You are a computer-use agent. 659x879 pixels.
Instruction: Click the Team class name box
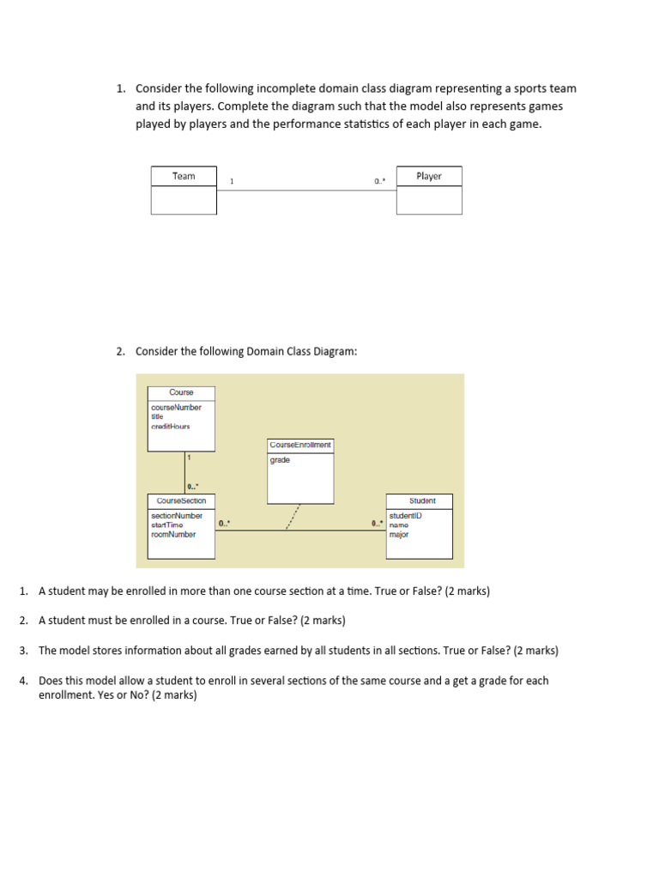[x=184, y=176]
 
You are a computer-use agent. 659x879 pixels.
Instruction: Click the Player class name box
[x=428, y=176]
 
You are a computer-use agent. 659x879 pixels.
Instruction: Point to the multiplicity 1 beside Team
[x=232, y=181]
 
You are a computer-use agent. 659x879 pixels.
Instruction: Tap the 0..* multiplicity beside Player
[x=380, y=181]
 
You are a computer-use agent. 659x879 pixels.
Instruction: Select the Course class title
[x=181, y=392]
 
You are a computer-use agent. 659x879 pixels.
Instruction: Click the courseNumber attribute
[x=176, y=407]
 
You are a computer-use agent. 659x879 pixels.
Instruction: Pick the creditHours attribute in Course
[x=170, y=426]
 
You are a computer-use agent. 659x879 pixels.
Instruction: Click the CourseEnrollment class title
[x=300, y=445]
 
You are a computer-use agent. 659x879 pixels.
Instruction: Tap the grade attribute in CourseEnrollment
[x=280, y=460]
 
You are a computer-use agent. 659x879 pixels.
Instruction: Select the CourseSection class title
[x=181, y=500]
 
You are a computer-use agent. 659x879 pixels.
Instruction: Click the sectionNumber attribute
[x=177, y=516]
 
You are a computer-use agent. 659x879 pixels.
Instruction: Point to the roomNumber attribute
[x=173, y=534]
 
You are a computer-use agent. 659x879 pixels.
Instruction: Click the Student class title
[x=422, y=500]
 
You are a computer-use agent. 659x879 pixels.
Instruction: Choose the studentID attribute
[x=405, y=516]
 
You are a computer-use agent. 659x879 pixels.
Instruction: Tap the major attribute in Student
[x=399, y=534]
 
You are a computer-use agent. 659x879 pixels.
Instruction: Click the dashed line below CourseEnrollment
[x=293, y=517]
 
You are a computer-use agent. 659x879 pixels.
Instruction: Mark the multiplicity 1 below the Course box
[x=189, y=458]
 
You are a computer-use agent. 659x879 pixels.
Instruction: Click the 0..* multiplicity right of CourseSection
[x=224, y=523]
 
